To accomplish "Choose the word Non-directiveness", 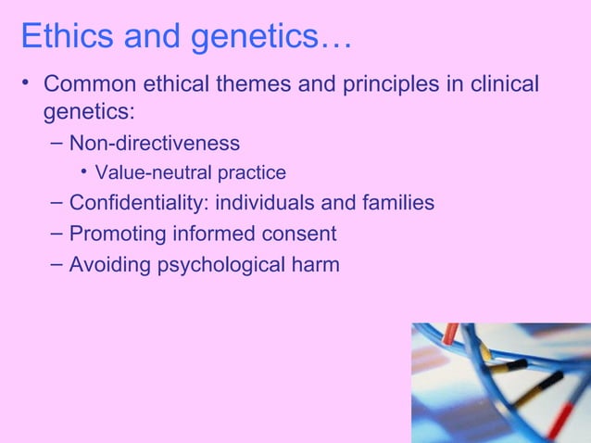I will pyautogui.click(x=155, y=143).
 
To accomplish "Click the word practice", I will pyautogui.click(x=252, y=173).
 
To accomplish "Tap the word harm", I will pyautogui.click(x=315, y=265).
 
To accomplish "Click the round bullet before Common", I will pyautogui.click(x=27, y=85).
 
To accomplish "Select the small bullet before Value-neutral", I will pyautogui.click(x=83, y=172).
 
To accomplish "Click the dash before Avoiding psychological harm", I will pyautogui.click(x=54, y=264).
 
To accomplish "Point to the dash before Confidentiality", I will pyautogui.click(x=54, y=201).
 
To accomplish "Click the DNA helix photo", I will pyautogui.click(x=500, y=382).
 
